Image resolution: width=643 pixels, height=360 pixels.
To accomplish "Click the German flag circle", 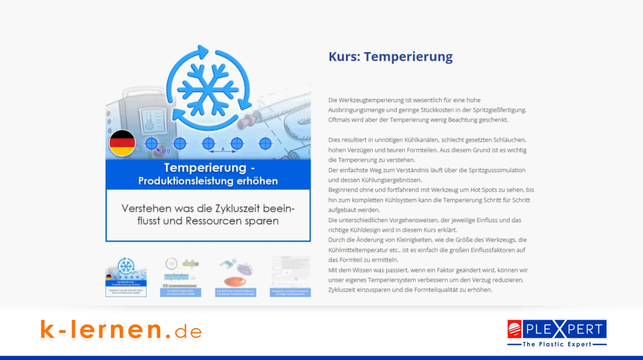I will point(122,143).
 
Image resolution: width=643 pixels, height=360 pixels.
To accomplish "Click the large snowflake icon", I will point(208,89).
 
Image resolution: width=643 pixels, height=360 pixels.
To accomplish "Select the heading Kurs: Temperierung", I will point(391,57).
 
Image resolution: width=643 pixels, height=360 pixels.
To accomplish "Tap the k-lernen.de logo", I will point(121,330).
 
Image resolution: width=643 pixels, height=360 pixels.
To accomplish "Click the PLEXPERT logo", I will point(557,330).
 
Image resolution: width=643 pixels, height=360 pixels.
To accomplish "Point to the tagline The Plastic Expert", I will point(557,344).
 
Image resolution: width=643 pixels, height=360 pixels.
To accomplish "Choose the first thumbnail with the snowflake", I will point(126,277).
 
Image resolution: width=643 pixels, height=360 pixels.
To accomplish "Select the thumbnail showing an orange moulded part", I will point(235,277).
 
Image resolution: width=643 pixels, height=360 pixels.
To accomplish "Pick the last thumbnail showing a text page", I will point(290,277).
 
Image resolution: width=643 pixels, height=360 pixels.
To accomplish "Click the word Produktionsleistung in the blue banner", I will point(187,181).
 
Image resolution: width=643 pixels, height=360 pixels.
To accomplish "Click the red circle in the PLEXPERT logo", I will point(514,329).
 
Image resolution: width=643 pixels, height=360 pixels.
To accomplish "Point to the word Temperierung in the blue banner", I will point(205,168).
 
